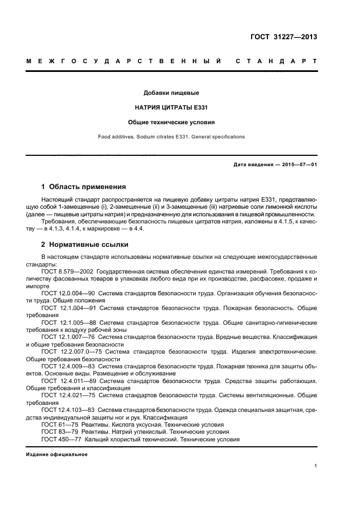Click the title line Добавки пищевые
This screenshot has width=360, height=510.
click(x=171, y=93)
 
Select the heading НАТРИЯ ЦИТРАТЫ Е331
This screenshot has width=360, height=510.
click(x=171, y=107)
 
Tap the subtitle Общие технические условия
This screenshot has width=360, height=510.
click(x=171, y=123)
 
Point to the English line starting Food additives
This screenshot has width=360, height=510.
click(x=171, y=137)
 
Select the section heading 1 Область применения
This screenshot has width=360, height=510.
click(x=84, y=186)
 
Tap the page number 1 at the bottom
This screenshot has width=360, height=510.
click(x=316, y=466)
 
